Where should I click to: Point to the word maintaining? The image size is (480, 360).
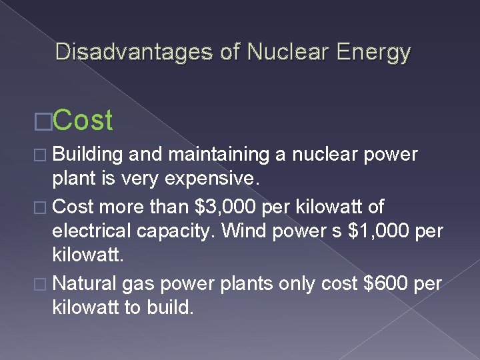click(212, 155)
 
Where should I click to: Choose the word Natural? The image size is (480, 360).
click(84, 283)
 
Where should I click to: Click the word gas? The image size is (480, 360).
click(139, 283)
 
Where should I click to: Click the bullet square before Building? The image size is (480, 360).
click(45, 155)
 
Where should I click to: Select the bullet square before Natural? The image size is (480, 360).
click(45, 284)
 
